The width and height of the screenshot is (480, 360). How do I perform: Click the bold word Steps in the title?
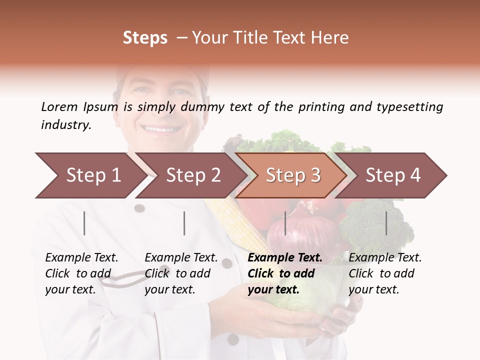(x=145, y=38)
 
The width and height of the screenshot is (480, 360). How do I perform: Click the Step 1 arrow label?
(x=93, y=175)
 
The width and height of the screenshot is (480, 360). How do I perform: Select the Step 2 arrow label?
(x=193, y=175)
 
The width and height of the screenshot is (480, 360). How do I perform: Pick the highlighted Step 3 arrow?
(x=293, y=175)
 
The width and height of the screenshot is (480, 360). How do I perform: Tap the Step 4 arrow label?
(x=393, y=175)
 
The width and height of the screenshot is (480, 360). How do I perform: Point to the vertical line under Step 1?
(x=84, y=223)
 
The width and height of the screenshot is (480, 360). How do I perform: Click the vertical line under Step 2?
(x=184, y=223)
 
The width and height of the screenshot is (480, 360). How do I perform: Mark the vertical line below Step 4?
(x=386, y=223)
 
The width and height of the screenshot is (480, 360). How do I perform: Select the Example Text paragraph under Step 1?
(x=81, y=273)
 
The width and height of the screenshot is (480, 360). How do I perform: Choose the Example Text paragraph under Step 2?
(x=181, y=273)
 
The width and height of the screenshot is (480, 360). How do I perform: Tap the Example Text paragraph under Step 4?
(x=385, y=273)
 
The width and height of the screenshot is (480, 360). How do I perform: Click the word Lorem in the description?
(x=59, y=106)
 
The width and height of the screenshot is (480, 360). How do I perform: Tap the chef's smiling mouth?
(x=161, y=129)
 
